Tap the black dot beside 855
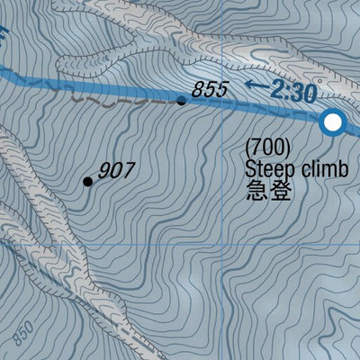pos(182,101)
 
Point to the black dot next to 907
pos(88,182)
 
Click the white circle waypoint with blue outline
pos(334,122)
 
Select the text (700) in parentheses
pos(267,147)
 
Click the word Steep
pos(267,168)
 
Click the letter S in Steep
pos(249,168)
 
